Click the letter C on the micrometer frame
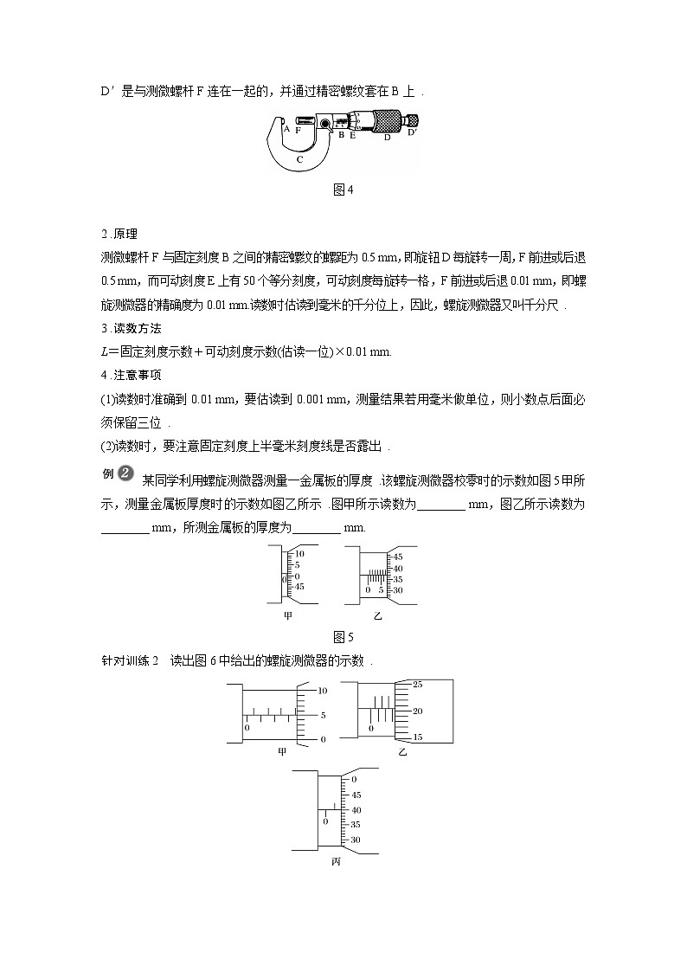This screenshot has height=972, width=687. [x=299, y=159]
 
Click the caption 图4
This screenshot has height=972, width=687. [x=343, y=190]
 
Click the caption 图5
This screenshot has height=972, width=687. [x=343, y=638]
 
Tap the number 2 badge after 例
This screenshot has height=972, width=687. [x=125, y=473]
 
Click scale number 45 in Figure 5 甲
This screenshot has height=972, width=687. [x=299, y=587]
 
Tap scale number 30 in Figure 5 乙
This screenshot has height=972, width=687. [x=398, y=590]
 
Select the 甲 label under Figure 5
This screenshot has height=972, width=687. [x=289, y=616]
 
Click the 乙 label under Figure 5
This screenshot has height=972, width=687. [x=378, y=616]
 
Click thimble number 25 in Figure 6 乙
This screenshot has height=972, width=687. [x=417, y=685]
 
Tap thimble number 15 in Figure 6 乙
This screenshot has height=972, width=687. [x=417, y=737]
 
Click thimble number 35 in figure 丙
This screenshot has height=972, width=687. [x=356, y=825]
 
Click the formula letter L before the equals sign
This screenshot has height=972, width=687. [x=104, y=352]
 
